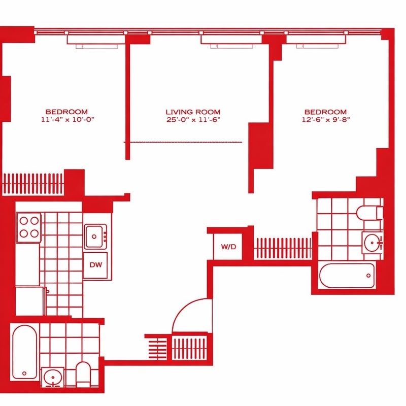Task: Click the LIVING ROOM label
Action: (x=193, y=112)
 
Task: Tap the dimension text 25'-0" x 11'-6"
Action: (x=193, y=120)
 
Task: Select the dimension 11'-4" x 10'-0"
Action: (x=67, y=119)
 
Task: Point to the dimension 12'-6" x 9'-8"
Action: (x=326, y=120)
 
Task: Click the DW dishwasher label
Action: (x=95, y=264)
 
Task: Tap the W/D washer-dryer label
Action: (x=229, y=247)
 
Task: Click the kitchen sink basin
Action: (x=94, y=236)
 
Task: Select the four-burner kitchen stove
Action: (x=29, y=227)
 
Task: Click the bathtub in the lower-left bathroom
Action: (x=24, y=352)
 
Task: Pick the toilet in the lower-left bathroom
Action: (x=83, y=375)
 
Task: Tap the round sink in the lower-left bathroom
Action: (x=53, y=377)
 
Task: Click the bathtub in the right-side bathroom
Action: (x=347, y=276)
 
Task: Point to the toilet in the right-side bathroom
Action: (x=370, y=213)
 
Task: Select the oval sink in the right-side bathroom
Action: (x=372, y=243)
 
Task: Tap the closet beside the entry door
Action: (x=190, y=348)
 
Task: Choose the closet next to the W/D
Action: (x=283, y=248)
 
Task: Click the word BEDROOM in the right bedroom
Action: (x=325, y=112)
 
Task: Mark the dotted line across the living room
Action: (x=183, y=142)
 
